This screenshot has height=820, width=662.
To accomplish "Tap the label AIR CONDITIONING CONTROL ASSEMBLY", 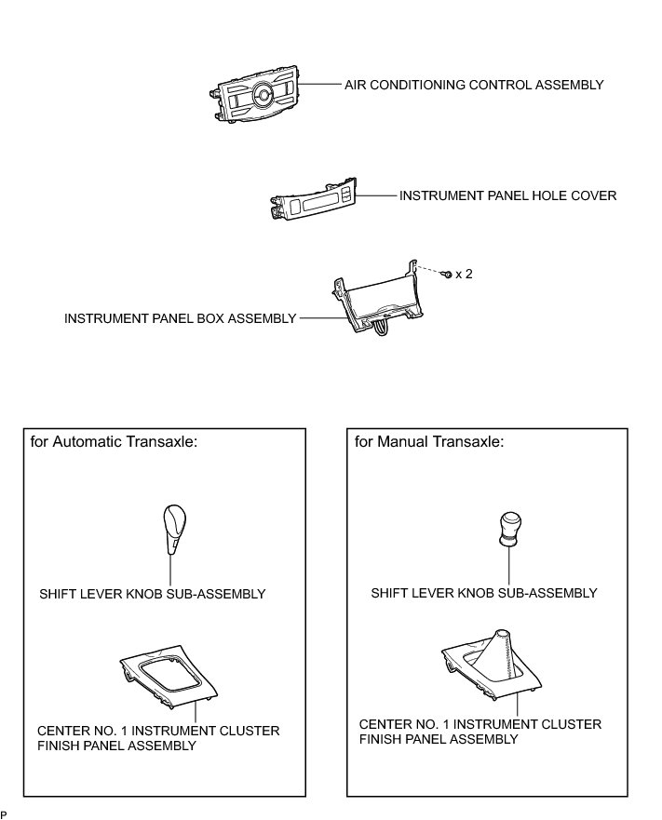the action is pyautogui.click(x=474, y=85).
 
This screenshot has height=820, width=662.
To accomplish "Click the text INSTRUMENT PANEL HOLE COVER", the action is pyautogui.click(x=507, y=196).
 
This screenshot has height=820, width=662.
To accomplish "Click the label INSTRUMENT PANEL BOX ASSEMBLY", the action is pyautogui.click(x=180, y=318).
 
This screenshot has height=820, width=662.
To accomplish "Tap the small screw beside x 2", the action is pyautogui.click(x=449, y=275).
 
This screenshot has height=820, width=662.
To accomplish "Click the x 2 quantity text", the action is pyautogui.click(x=464, y=275).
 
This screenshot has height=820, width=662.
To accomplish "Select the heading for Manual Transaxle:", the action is pyautogui.click(x=429, y=442).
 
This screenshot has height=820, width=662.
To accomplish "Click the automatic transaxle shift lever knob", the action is pyautogui.click(x=173, y=527).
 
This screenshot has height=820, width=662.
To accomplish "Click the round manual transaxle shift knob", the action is pyautogui.click(x=509, y=528).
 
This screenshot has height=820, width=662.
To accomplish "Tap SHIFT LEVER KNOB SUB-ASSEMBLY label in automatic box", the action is pyautogui.click(x=153, y=594).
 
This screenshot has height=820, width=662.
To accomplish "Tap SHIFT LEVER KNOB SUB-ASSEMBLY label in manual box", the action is pyautogui.click(x=483, y=593).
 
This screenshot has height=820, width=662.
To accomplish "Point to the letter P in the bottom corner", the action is pyautogui.click(x=5, y=814).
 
